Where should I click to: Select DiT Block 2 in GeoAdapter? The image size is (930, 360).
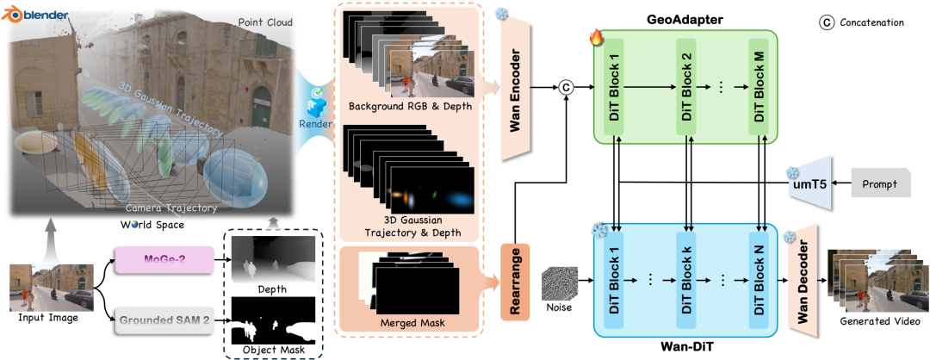pyautogui.click(x=685, y=86)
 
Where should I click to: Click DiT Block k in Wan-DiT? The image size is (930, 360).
pyautogui.click(x=685, y=280)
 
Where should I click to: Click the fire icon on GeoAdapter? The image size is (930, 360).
pyautogui.click(x=596, y=37)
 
